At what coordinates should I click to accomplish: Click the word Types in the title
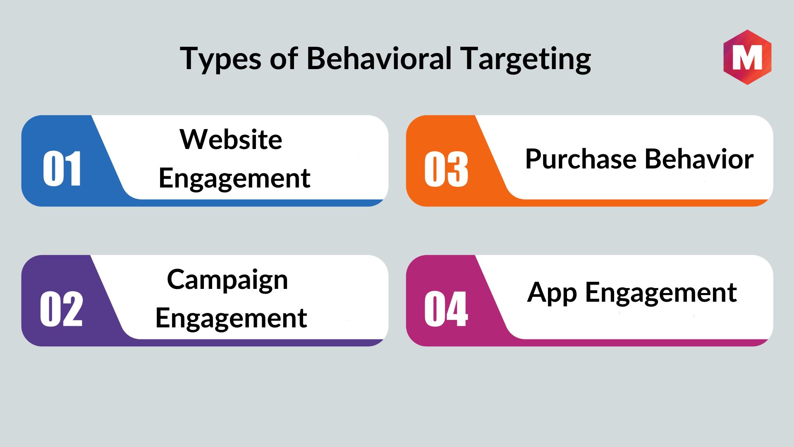pos(220,59)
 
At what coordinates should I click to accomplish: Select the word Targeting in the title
pos(526,59)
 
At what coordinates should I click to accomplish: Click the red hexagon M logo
pos(747,57)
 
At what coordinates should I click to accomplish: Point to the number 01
pos(62,168)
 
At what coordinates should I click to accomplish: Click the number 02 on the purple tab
pos(61,309)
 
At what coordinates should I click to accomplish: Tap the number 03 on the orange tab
pos(446,168)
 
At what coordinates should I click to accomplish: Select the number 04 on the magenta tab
pos(446,309)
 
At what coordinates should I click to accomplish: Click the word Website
pos(231,139)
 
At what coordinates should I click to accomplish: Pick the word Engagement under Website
pos(234,179)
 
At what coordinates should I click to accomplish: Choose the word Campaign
pos(227,280)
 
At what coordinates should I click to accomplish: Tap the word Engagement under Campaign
pos(231,319)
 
